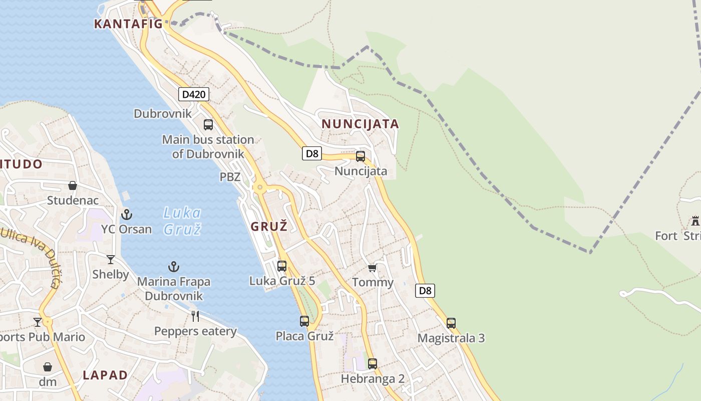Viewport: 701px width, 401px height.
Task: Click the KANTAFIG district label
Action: [x=129, y=24]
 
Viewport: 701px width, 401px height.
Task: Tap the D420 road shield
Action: [x=193, y=94]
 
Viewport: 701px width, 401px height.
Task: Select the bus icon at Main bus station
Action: [x=208, y=125]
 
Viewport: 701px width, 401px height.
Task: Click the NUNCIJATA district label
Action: [x=360, y=124]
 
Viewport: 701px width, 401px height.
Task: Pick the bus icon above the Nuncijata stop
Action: [x=361, y=156]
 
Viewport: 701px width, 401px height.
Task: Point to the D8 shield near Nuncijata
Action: [x=311, y=153]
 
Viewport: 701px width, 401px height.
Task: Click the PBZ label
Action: [x=230, y=177]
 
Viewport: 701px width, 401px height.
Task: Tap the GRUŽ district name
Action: [x=269, y=226]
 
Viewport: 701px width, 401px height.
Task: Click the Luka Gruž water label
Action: [x=182, y=221]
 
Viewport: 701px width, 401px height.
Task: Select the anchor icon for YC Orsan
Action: [x=127, y=215]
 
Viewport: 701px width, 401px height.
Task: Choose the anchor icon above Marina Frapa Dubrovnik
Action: [x=174, y=266]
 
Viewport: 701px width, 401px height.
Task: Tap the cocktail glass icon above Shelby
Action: [x=111, y=259]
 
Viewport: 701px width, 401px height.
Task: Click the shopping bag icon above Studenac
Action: [x=73, y=185]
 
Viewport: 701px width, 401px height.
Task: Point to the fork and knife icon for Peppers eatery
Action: [x=195, y=316]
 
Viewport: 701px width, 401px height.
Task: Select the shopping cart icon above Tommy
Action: [x=372, y=268]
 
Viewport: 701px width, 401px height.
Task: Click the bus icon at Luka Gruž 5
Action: [x=282, y=266]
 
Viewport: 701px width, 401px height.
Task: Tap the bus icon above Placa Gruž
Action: [x=304, y=321]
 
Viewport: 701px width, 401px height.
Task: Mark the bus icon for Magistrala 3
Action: [x=451, y=323]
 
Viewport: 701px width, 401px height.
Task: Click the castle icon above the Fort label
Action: [x=695, y=221]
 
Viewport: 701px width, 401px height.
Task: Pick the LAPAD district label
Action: [x=105, y=375]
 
